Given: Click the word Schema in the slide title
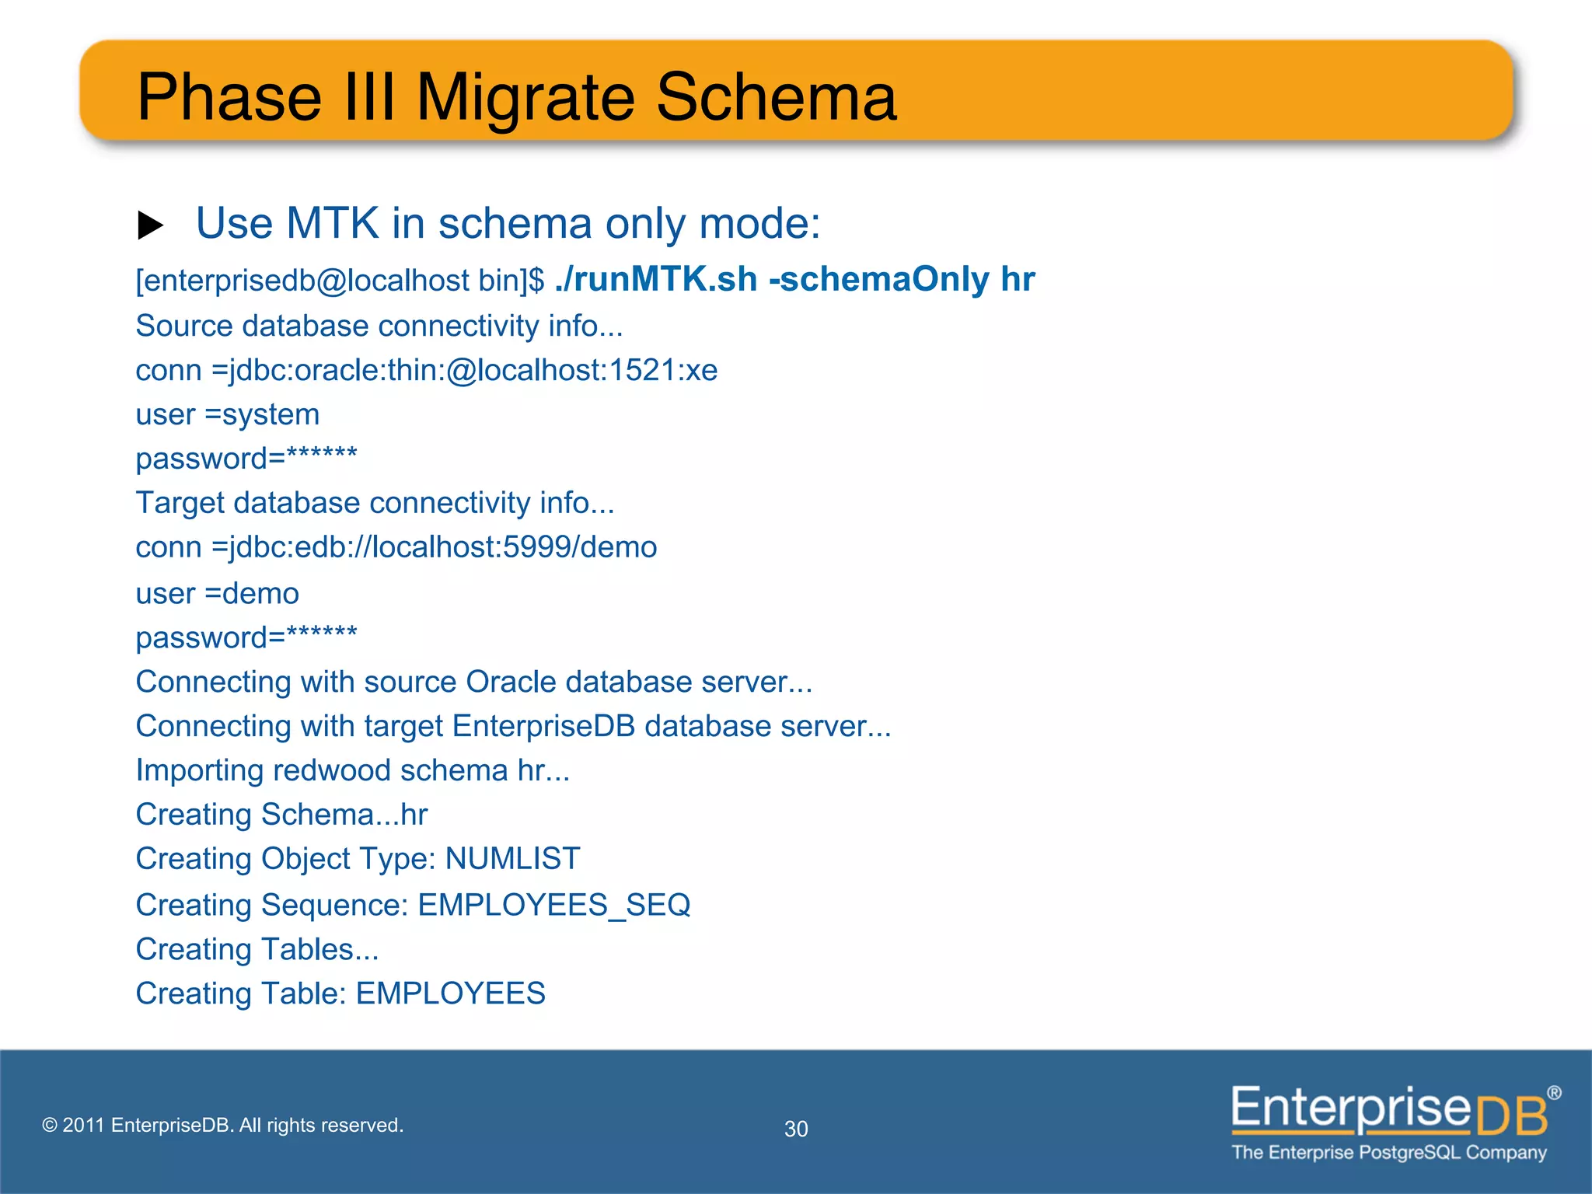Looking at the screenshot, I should [x=776, y=97].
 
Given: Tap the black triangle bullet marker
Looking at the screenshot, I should [x=150, y=225].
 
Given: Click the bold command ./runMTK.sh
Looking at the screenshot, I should [x=656, y=279].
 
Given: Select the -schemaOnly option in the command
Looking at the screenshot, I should [x=879, y=279].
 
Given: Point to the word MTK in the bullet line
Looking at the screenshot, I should [x=332, y=224].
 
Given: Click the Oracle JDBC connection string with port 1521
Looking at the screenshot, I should [x=464, y=370].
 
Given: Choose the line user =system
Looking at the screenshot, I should [x=227, y=414].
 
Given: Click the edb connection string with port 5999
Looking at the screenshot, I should [x=434, y=547].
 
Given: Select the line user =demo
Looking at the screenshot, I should [x=217, y=593].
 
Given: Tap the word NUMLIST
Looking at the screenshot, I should [x=512, y=859].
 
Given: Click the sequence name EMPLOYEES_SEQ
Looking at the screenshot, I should [x=553, y=905].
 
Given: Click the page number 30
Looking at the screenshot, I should [x=796, y=1129].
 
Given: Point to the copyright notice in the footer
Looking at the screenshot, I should [x=222, y=1125].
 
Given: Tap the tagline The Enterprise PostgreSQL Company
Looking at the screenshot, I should [x=1388, y=1153].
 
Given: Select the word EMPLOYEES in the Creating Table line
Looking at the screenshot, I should [x=450, y=993].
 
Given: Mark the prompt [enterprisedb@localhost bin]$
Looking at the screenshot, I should [x=340, y=281].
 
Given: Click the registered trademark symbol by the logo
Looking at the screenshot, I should [x=1553, y=1093].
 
